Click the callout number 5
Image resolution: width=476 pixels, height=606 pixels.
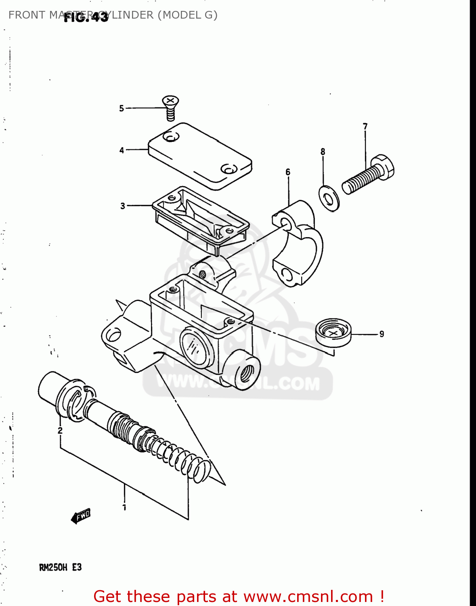[x=121, y=108]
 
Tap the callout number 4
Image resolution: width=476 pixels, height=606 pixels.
[x=122, y=150]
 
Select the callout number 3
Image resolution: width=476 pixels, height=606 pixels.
[x=123, y=206]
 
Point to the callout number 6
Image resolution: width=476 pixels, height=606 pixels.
[x=288, y=172]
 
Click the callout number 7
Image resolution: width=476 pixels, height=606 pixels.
[x=365, y=126]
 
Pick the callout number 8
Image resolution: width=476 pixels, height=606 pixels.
[x=323, y=151]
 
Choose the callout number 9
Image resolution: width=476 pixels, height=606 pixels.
[x=382, y=334]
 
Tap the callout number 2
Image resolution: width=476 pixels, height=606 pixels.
[x=60, y=430]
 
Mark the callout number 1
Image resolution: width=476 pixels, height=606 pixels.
[x=124, y=507]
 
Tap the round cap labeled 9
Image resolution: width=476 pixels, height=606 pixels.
[x=333, y=332]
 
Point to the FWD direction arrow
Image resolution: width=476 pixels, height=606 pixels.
[x=81, y=516]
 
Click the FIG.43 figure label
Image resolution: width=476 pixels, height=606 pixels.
[x=86, y=17]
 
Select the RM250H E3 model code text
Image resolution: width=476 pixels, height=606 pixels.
[x=60, y=567]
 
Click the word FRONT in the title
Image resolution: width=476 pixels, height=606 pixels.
[x=27, y=15]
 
